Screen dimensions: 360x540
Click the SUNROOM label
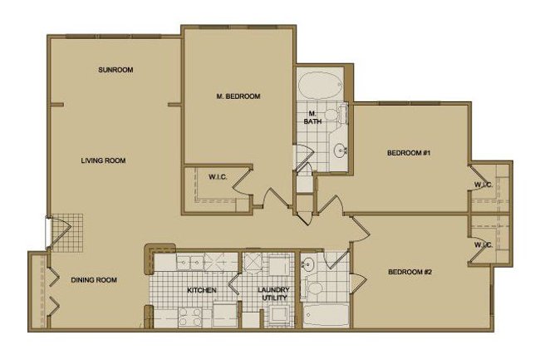click(x=115, y=69)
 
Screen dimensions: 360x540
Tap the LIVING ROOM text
click(x=103, y=160)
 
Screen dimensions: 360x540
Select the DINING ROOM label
click(x=93, y=280)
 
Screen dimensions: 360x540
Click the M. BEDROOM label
click(x=238, y=96)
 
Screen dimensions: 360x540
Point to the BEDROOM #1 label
click(x=407, y=153)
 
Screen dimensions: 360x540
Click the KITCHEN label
click(x=202, y=289)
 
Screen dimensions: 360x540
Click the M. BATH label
click(x=314, y=117)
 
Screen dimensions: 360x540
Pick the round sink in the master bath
click(x=339, y=151)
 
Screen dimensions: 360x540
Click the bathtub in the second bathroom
click(x=323, y=317)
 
